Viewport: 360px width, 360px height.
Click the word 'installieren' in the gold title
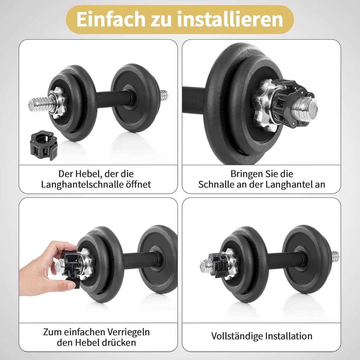point(230,19)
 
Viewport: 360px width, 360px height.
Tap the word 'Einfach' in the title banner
point(111,19)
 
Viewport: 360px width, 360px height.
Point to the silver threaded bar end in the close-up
point(305,108)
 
